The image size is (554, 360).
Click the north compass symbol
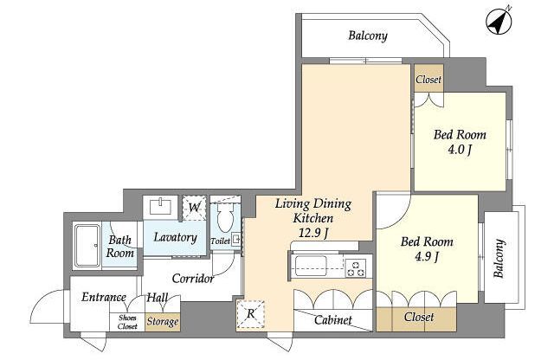click(x=499, y=21)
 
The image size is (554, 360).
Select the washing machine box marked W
click(x=194, y=208)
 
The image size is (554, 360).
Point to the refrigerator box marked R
click(x=250, y=314)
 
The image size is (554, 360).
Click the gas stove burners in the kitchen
click(x=356, y=267)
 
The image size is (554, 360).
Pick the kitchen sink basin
click(x=311, y=266)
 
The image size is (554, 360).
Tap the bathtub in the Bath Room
click(x=87, y=246)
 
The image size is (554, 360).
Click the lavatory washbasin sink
click(x=161, y=206)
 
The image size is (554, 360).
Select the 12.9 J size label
click(x=313, y=233)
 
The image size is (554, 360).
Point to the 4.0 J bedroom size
click(x=460, y=150)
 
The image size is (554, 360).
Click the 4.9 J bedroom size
click(x=427, y=256)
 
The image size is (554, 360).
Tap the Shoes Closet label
click(x=127, y=322)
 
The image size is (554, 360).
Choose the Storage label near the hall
click(x=163, y=322)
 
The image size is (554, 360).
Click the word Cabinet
click(x=332, y=320)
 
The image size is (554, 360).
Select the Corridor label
click(x=193, y=279)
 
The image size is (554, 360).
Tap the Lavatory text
click(x=175, y=237)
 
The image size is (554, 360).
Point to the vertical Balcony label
click(x=499, y=258)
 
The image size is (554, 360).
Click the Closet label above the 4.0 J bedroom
click(x=428, y=80)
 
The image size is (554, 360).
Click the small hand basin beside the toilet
click(x=235, y=239)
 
